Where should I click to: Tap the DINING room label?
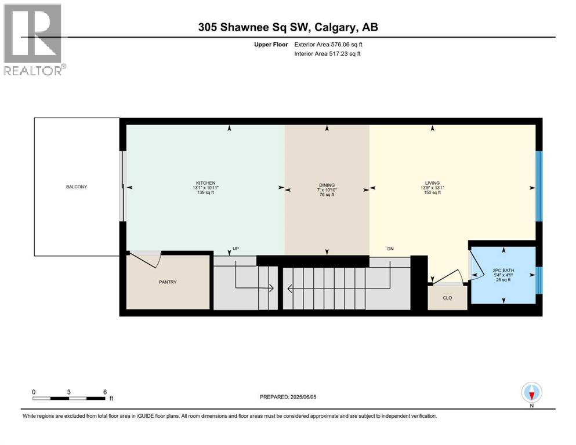click(x=327, y=185)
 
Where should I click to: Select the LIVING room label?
click(x=431, y=183)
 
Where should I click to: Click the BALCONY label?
click(x=76, y=187)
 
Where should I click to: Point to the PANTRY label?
click(x=167, y=282)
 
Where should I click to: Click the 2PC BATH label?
click(x=503, y=270)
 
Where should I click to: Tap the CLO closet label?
click(x=447, y=298)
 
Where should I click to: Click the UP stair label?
click(x=236, y=249)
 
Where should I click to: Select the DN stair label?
click(x=391, y=249)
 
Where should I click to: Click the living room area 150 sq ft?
click(x=431, y=193)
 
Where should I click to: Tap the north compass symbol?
click(x=531, y=393)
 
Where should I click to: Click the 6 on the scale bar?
click(x=105, y=392)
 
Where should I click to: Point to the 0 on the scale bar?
click(x=34, y=392)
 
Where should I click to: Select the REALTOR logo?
click(x=34, y=39)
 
